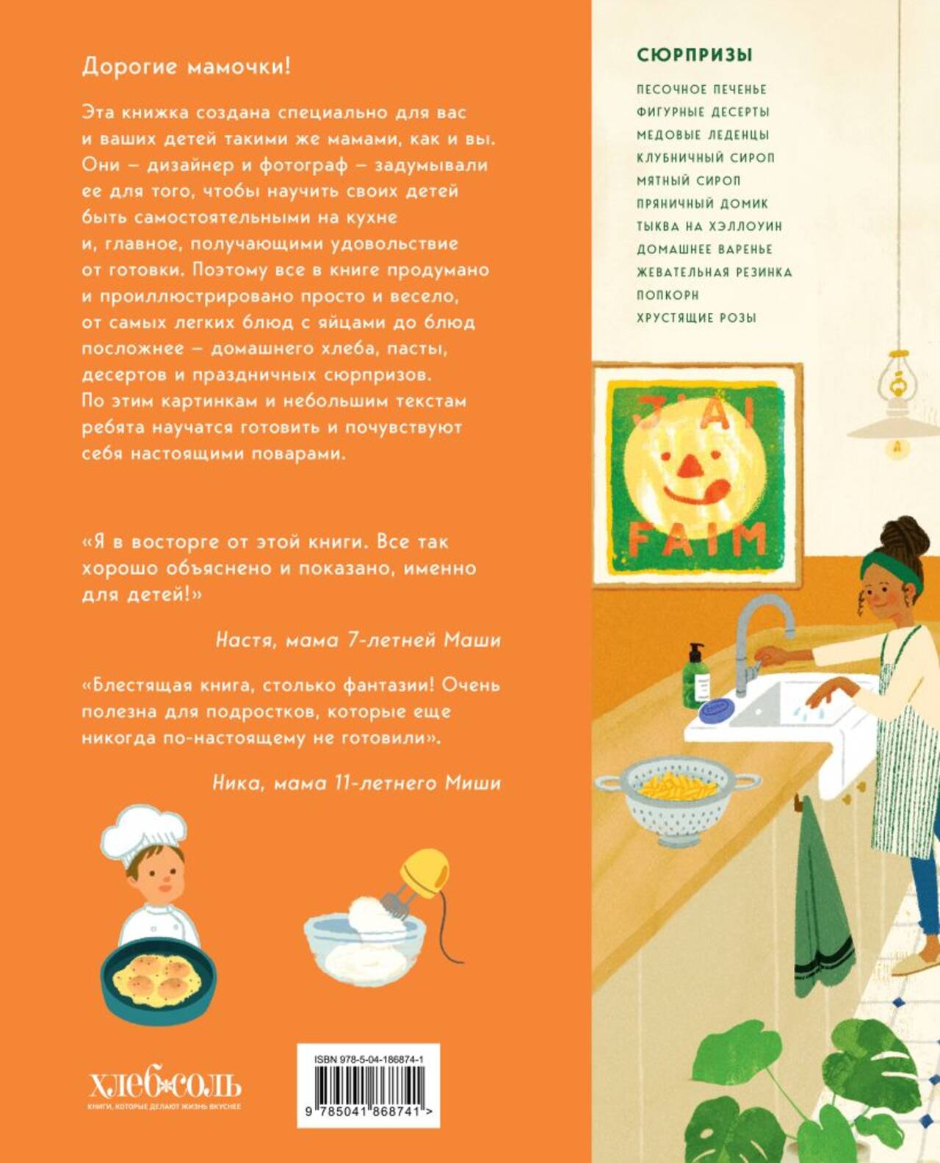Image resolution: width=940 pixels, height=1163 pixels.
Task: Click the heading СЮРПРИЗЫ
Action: click(x=695, y=55)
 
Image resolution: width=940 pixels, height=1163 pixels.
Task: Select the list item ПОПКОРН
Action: click(x=668, y=295)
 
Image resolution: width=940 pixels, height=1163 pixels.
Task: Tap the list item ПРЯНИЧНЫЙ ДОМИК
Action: click(x=702, y=204)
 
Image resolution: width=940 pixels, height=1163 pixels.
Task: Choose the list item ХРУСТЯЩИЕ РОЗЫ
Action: click(x=696, y=318)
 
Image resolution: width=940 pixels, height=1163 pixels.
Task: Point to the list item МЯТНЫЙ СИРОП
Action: click(x=689, y=181)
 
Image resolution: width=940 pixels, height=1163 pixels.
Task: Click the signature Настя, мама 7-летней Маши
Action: click(x=358, y=639)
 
